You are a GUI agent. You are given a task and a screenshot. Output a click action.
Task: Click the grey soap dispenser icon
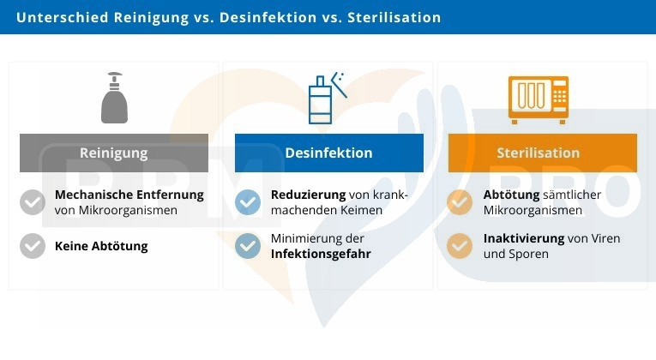114,98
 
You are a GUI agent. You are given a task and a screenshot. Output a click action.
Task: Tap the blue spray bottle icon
328,99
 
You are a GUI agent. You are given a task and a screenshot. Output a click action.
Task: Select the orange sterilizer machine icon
539,99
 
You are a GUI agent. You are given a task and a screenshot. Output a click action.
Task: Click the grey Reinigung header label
114,153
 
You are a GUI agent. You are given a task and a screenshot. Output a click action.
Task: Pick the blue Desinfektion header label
328,153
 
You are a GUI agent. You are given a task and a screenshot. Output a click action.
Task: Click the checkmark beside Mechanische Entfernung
33,202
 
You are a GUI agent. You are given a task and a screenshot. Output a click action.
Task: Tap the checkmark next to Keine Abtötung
33,246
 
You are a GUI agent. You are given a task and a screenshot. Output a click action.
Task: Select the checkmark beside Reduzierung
248,202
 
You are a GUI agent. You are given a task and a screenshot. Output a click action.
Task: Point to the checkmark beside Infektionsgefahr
248,246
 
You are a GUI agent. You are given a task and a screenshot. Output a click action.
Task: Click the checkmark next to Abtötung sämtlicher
460,202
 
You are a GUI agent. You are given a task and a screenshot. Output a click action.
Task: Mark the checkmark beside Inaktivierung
460,246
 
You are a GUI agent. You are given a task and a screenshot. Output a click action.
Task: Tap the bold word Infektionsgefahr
321,255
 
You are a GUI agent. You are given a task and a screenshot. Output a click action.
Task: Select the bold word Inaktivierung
524,238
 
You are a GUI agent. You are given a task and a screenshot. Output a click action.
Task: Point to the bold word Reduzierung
309,195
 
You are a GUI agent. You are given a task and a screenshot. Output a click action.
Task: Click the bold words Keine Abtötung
101,246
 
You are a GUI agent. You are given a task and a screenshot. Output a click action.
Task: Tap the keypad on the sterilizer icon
559,96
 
